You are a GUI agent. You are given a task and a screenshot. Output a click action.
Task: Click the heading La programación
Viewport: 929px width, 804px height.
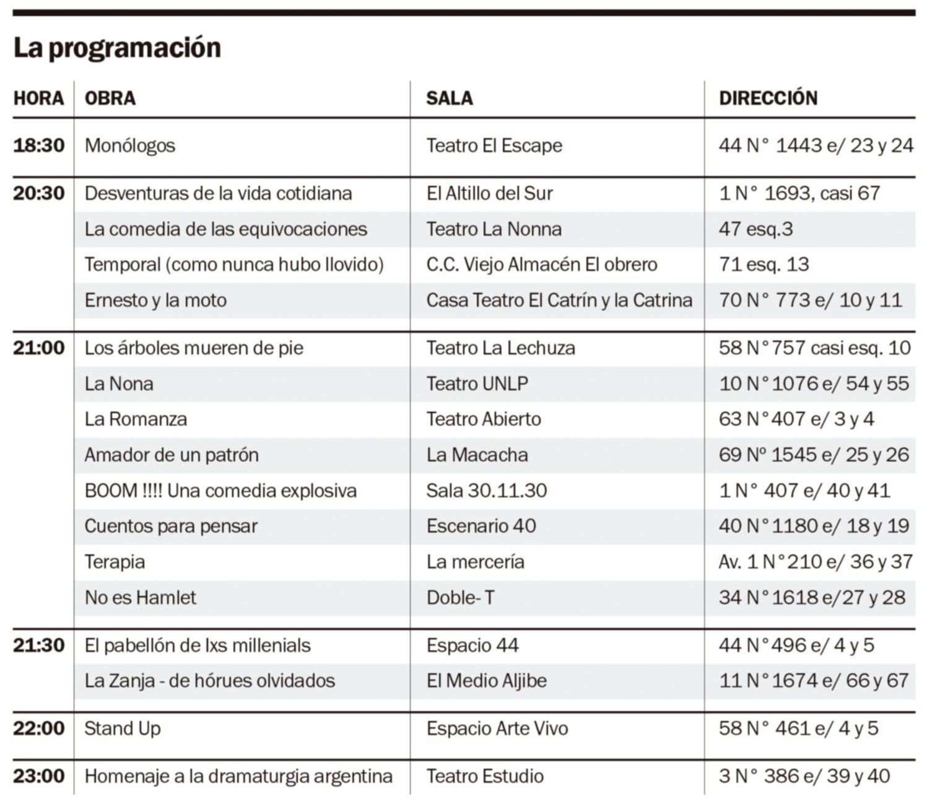coord(117,48)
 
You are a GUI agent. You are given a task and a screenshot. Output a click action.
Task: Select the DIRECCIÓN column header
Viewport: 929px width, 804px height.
coord(768,98)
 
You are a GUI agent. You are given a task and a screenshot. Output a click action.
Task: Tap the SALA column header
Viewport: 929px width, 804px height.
coord(450,98)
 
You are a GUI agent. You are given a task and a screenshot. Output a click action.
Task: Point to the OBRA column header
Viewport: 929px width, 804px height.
coord(110,98)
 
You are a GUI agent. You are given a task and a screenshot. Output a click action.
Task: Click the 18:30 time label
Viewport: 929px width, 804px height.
coord(39,146)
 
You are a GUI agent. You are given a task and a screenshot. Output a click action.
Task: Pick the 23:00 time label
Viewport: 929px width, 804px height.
coord(39,776)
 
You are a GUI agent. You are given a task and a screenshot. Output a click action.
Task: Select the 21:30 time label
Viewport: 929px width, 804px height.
coord(39,645)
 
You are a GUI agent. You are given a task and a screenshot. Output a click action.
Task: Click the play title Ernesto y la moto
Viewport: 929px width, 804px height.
coord(155,300)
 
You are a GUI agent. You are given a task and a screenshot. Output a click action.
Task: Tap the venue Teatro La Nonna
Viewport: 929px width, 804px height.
coord(494,229)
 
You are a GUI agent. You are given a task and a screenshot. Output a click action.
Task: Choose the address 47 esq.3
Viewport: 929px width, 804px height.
coord(756,229)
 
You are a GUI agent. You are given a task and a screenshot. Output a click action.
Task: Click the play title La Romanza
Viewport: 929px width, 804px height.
coord(136,419)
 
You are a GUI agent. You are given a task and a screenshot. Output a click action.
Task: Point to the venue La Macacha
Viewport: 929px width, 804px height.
coord(478,455)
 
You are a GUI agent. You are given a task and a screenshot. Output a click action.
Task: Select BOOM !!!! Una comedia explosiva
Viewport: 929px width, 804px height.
coord(220,491)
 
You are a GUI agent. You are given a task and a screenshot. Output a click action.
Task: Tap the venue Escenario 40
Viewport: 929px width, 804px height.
coord(481,527)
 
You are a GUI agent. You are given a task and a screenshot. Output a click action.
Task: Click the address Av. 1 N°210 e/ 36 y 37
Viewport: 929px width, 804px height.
coord(816,562)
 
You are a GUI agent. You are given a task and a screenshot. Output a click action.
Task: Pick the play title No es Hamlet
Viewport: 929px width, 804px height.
coord(141,598)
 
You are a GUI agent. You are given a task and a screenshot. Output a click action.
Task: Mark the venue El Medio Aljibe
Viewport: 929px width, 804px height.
coord(487,681)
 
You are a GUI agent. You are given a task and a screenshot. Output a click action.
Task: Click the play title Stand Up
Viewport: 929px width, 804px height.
coord(123,729)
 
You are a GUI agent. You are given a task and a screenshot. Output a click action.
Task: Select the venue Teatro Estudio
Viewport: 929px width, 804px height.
coord(485,776)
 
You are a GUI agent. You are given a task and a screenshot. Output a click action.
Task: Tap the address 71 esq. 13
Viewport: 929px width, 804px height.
coord(764,264)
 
